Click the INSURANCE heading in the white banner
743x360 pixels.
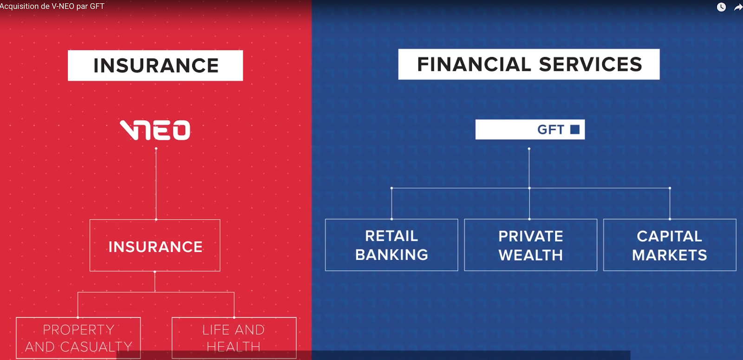coord(156,65)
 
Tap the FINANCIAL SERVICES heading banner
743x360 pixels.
coord(529,65)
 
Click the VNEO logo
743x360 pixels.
coord(155,130)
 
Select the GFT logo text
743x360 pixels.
coord(551,130)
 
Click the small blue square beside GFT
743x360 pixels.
coord(575,130)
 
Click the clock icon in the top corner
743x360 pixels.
coord(721,7)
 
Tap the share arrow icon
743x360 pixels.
coord(738,7)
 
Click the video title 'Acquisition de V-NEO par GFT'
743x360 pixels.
coord(52,7)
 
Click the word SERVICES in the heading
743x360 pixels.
coord(590,65)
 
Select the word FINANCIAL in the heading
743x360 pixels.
coord(474,65)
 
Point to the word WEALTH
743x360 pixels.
coord(531,255)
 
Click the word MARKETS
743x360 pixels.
coord(669,255)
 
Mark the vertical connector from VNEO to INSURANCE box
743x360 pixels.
coord(156,184)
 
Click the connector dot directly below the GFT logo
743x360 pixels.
coord(529,149)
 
